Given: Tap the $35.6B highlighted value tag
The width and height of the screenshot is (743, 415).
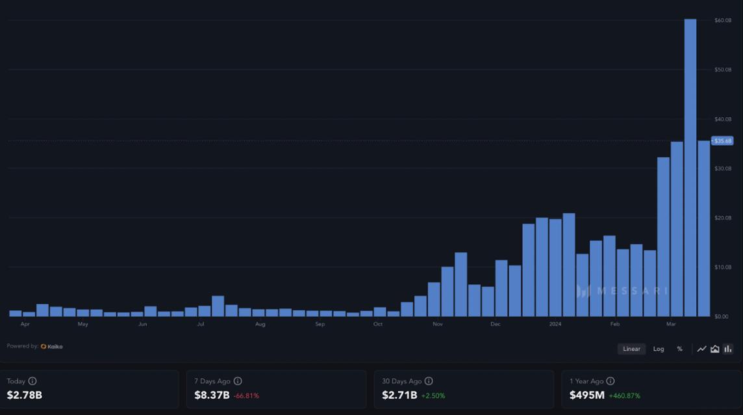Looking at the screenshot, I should (723, 141).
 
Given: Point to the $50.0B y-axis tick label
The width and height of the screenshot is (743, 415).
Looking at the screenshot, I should (723, 70).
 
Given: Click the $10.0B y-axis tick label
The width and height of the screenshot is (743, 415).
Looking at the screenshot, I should (723, 267).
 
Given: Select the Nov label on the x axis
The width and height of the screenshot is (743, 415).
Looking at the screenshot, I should (438, 324).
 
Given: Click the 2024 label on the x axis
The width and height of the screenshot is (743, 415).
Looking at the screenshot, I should (555, 324).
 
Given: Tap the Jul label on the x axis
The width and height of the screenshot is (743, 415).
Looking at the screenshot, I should (201, 324).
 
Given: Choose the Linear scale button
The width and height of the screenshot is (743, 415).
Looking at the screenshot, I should (631, 349).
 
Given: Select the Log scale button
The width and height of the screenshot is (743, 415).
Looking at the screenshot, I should (659, 349).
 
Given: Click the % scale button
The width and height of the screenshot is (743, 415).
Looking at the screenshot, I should (679, 349).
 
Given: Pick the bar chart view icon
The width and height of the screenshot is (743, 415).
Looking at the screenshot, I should (728, 349).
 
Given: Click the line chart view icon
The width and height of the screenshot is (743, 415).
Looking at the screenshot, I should (701, 349).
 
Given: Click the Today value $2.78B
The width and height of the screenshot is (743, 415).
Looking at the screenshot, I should (25, 395).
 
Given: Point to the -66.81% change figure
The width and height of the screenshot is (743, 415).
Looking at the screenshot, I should (246, 395).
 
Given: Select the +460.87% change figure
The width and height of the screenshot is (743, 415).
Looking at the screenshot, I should (624, 395).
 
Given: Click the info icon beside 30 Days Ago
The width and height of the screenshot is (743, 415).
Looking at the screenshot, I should (429, 381).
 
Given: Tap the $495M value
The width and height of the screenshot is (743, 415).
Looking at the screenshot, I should (586, 395).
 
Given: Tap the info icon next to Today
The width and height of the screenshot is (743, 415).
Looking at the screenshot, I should (32, 381).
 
